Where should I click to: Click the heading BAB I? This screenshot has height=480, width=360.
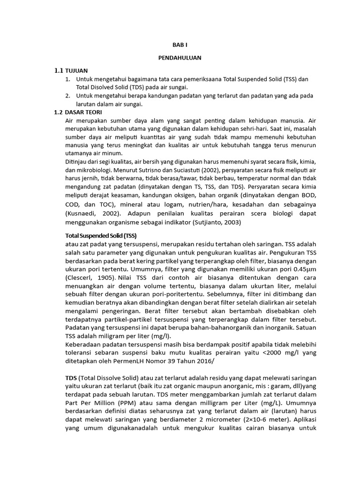coord(180,46)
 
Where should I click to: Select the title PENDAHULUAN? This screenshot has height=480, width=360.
coord(180,58)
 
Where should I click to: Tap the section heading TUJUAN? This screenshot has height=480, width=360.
coord(76,71)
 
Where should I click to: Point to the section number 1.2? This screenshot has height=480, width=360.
coord(58,112)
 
